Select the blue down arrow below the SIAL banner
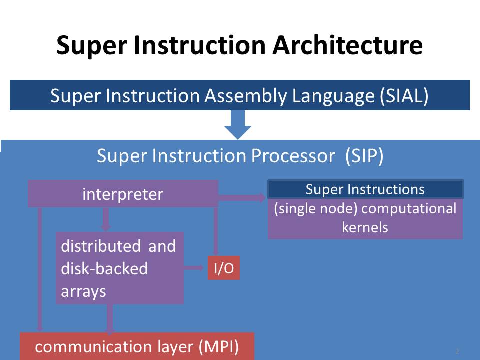coord(238,125)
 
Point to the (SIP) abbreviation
coord(364,156)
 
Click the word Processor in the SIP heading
coord(288,156)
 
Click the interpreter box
coord(123,194)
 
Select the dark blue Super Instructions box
coord(365,190)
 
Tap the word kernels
coord(365,227)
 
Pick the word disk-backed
coord(104,269)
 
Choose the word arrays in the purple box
coord(83,291)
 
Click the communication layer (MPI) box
coord(137,346)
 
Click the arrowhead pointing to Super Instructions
coord(262,198)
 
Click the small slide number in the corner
coord(457,351)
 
